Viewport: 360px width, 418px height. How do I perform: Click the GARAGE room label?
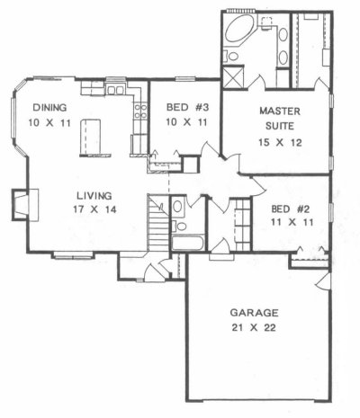point(254,313)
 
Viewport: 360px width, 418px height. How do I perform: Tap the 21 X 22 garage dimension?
point(254,327)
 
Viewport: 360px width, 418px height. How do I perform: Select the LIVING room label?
point(94,196)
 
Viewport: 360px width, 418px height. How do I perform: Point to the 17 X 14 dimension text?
point(94,209)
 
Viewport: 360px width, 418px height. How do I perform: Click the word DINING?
point(49,107)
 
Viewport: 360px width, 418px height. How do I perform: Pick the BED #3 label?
point(187,107)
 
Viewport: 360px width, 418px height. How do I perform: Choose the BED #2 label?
point(290,209)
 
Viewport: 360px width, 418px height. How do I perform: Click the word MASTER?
point(280,111)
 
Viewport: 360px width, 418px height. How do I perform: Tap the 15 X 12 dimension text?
point(280,143)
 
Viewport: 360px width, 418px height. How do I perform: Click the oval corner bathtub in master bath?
point(240,29)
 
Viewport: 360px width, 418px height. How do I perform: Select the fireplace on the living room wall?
point(25,205)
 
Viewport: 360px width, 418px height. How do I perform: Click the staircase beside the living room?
point(158,223)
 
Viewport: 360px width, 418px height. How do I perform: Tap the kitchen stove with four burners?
point(140,111)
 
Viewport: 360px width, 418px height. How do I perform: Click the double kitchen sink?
point(116,90)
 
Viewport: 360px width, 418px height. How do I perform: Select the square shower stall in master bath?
point(233,77)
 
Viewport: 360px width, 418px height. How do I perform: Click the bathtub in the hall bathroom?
point(188,243)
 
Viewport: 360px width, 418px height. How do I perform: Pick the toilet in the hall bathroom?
point(179,226)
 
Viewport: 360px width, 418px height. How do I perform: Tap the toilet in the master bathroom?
point(231,56)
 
